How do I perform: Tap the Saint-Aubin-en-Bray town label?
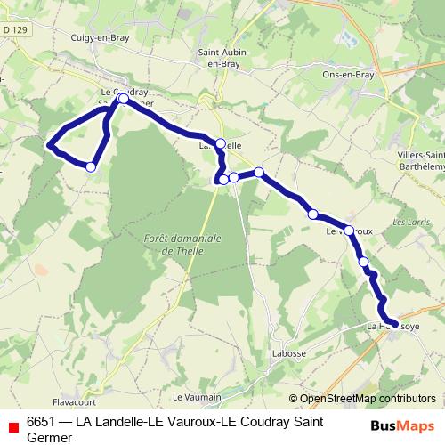click(222, 58)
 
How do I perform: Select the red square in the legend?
click(13, 426)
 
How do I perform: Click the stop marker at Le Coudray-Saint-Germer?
click(123, 100)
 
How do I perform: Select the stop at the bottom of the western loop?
click(91, 166)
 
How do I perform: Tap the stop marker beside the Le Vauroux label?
click(349, 231)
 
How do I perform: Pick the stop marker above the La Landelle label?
click(221, 142)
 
